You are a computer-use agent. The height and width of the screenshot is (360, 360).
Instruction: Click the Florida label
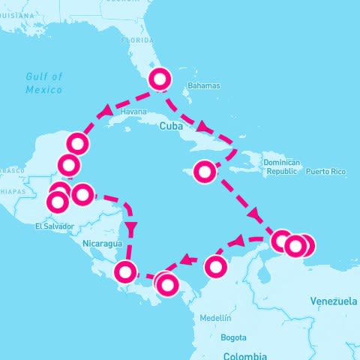pos(137,40)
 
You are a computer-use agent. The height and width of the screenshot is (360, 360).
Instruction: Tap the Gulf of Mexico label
pos(44,82)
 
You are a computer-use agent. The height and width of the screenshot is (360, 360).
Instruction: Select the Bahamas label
pos(204,85)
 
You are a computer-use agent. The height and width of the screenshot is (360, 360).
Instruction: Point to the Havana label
pos(133,112)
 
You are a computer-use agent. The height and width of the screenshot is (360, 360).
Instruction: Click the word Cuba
pos(172,127)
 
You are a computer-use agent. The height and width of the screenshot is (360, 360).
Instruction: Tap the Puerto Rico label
pos(325,172)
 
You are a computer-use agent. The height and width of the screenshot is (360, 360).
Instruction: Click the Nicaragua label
pos(102,244)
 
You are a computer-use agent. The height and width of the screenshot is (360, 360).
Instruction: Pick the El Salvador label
pos(55,226)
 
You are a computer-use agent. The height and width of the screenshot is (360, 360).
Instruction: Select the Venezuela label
pos(333,301)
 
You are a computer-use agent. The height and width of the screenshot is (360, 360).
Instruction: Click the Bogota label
pos(233,337)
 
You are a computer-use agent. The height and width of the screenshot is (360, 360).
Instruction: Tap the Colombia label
pos(245,355)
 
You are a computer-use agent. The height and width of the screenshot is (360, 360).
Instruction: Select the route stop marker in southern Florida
pos(161,79)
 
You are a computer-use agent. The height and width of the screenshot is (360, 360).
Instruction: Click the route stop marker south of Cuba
pos(204,172)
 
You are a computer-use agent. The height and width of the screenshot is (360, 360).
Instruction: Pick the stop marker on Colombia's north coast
pos(216,265)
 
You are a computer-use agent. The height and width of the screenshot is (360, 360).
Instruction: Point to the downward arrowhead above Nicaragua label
pos(132,226)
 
